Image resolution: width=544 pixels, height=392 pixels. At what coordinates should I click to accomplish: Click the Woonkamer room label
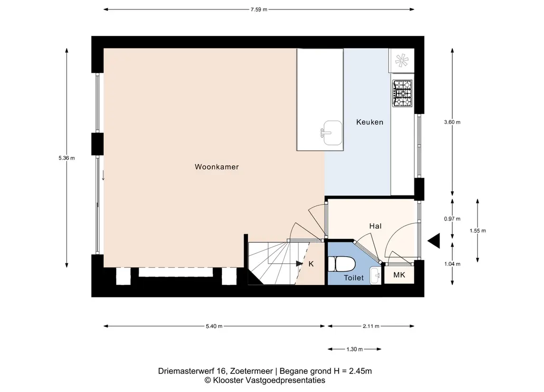217,167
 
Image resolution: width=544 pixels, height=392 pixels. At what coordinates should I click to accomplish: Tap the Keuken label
370,122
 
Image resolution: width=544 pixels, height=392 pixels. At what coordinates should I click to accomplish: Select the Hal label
375,226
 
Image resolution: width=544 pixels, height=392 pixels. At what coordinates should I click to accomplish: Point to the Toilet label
353,278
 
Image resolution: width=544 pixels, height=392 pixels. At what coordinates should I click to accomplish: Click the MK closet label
399,275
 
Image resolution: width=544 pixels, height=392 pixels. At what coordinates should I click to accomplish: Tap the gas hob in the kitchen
402,93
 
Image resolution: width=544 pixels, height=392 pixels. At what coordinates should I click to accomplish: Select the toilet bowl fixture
342,264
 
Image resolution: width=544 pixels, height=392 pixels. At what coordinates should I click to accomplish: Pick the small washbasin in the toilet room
375,276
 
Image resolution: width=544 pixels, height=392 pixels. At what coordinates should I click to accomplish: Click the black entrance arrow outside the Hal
434,241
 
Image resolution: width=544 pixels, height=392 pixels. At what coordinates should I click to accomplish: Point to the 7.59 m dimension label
259,10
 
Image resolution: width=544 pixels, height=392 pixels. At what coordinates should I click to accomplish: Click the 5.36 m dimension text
67,158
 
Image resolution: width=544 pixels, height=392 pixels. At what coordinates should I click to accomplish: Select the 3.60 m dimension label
452,122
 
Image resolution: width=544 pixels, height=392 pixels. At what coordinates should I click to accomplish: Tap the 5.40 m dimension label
214,326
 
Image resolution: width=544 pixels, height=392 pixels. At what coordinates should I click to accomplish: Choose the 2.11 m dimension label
371,326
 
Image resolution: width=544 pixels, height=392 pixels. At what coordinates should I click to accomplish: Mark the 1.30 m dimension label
354,349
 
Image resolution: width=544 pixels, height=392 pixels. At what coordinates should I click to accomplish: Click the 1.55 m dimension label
478,231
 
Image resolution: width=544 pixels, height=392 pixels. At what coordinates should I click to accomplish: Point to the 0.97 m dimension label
452,219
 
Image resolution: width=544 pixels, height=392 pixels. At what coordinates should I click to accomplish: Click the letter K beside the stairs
311,264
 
